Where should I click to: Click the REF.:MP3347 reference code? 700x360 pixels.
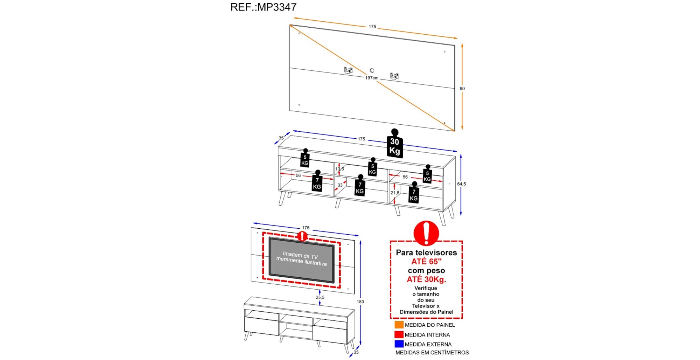[x=263, y=7]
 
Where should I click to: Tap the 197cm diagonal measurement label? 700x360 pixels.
[x=372, y=78]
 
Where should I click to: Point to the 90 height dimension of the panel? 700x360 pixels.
[x=462, y=89]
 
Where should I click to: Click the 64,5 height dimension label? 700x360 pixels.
[x=461, y=184]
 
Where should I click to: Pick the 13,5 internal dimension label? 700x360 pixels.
[x=339, y=169]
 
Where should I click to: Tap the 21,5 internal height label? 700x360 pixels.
[x=395, y=193]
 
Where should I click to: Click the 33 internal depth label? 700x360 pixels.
[x=340, y=185]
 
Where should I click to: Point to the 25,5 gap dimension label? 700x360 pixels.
[x=320, y=297]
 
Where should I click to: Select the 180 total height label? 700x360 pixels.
[x=360, y=302]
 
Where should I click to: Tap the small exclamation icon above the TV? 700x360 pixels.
[x=302, y=236]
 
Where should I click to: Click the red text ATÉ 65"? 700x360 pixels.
[x=426, y=262]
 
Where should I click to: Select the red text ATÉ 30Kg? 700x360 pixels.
[x=426, y=279]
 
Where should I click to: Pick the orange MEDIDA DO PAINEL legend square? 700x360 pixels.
[x=399, y=325]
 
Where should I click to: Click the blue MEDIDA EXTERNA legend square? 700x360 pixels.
[x=399, y=344]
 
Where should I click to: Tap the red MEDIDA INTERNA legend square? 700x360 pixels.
[x=399, y=334]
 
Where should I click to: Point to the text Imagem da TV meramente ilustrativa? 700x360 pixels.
[x=301, y=259]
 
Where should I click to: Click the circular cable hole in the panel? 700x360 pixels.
[x=372, y=71]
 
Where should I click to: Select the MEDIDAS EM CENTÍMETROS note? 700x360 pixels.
[x=432, y=353]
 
